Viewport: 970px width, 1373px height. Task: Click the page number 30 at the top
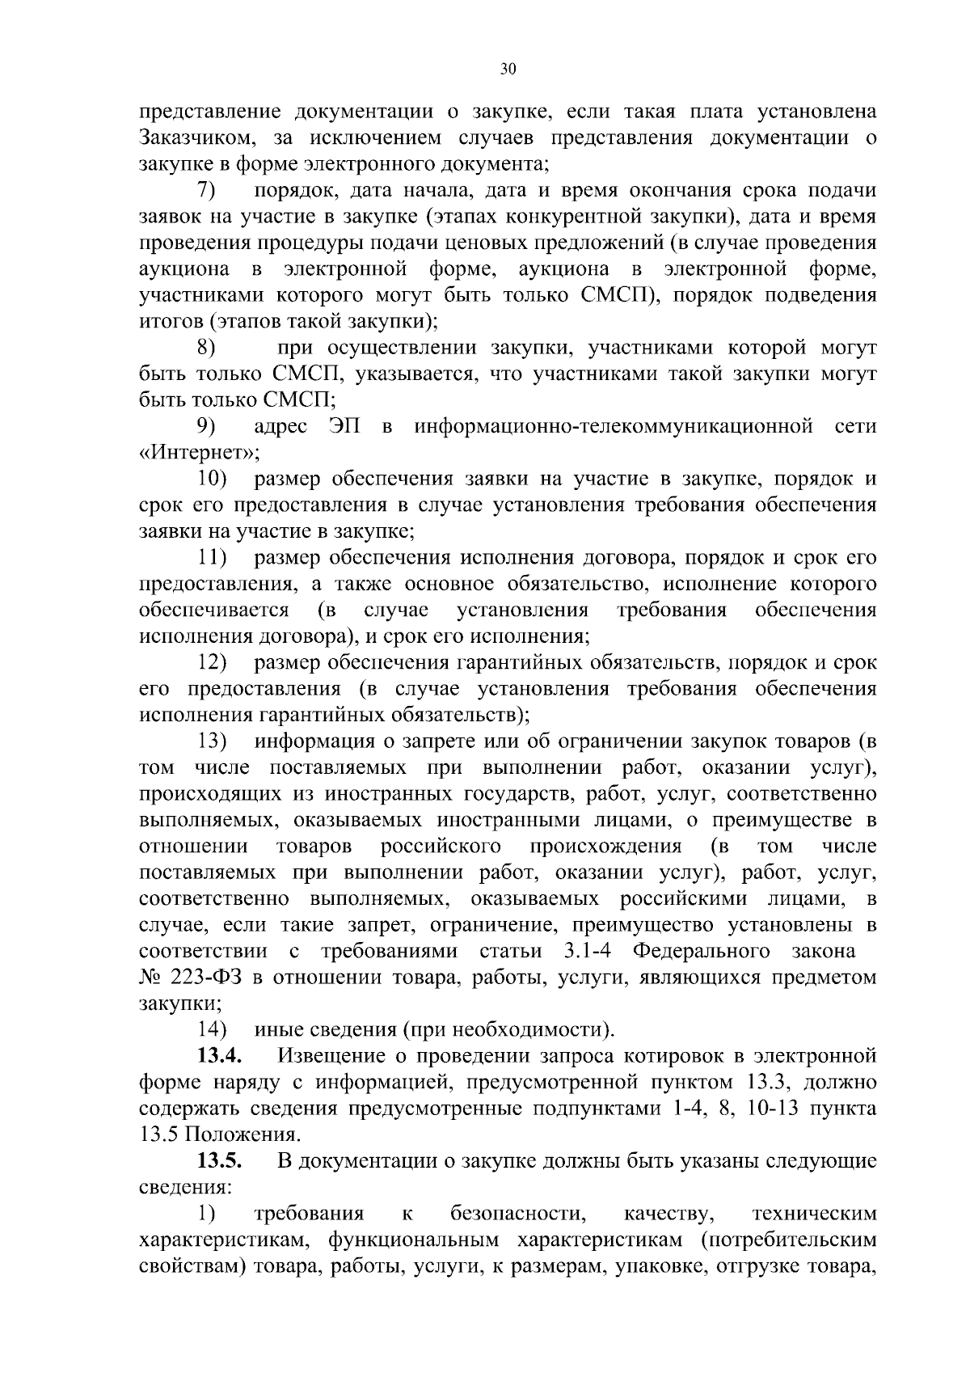pyautogui.click(x=508, y=70)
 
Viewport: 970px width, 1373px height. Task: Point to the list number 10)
pyautogui.click(x=213, y=479)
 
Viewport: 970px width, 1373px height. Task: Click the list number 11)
pyautogui.click(x=213, y=558)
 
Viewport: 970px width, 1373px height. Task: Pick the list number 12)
pyautogui.click(x=213, y=663)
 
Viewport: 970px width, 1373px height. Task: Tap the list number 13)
pyautogui.click(x=213, y=741)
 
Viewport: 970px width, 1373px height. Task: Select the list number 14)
pyautogui.click(x=213, y=1030)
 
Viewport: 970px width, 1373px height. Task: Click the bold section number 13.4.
pyautogui.click(x=220, y=1056)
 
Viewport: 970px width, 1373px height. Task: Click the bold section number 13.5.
pyautogui.click(x=220, y=1161)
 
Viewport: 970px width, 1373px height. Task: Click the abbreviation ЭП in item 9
pyautogui.click(x=344, y=427)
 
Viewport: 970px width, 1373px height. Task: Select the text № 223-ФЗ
pyautogui.click(x=192, y=978)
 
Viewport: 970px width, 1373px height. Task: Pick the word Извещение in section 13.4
pyautogui.click(x=339, y=1056)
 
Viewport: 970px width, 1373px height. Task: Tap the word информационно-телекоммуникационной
pyautogui.click(x=614, y=427)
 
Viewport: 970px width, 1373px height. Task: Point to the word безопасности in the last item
pyautogui.click(x=517, y=1214)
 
